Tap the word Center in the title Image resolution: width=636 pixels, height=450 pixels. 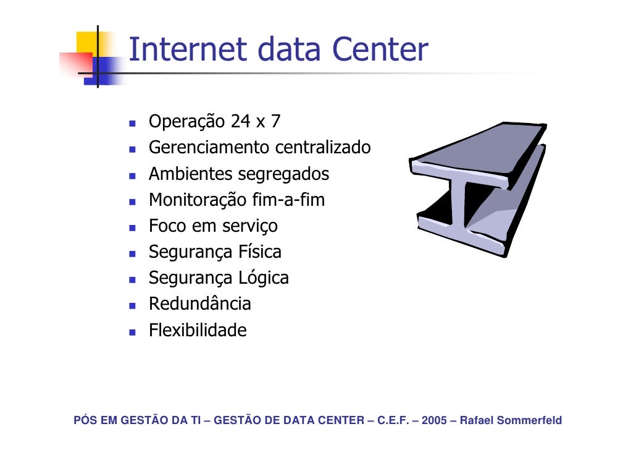click(x=379, y=50)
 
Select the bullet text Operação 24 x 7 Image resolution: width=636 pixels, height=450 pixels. click(x=214, y=122)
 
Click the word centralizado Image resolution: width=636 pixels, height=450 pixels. click(x=323, y=148)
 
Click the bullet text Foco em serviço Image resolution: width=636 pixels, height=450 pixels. click(x=213, y=226)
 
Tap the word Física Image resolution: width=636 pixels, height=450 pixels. click(x=259, y=252)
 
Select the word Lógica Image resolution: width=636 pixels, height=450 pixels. click(x=263, y=278)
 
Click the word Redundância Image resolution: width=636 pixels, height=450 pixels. click(x=199, y=304)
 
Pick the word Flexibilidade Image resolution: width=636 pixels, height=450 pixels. click(x=197, y=331)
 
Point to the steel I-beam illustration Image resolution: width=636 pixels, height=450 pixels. click(x=477, y=189)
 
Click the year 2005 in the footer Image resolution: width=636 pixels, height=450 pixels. click(x=437, y=422)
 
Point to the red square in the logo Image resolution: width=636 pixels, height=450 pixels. click(x=75, y=64)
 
